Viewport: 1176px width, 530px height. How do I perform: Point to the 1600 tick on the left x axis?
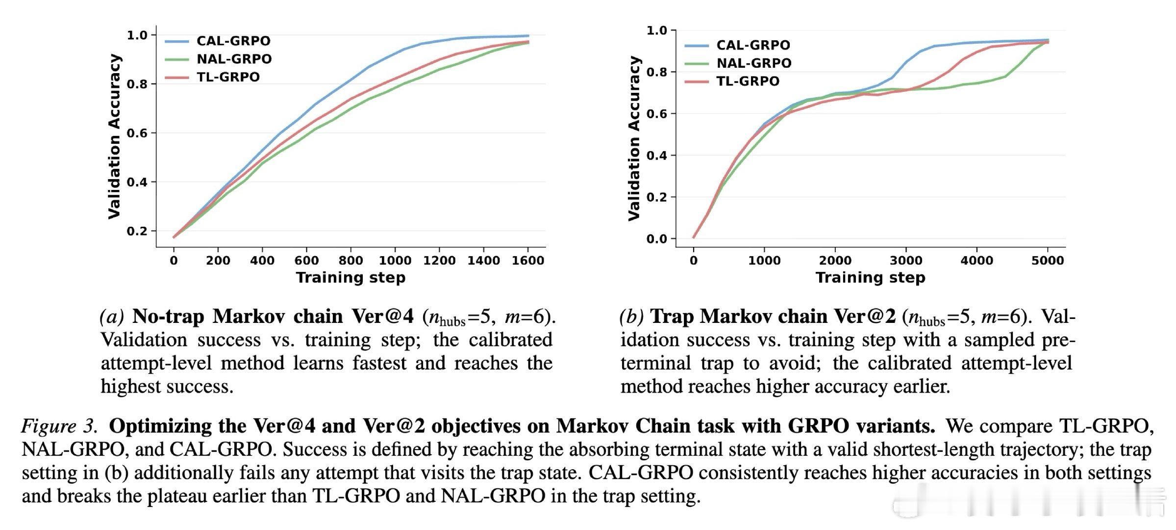pos(528,260)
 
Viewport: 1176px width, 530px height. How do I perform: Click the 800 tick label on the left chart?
pos(350,260)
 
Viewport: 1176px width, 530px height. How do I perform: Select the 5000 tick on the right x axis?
pos(1048,260)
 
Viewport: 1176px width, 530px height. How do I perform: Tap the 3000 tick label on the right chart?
pos(906,260)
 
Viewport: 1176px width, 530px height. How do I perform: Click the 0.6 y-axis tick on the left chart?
pos(137,133)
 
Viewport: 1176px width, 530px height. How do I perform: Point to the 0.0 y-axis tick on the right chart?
pos(656,239)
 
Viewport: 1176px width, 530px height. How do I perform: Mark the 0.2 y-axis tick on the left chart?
pos(137,231)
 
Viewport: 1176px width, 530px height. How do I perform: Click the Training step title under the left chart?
pos(350,278)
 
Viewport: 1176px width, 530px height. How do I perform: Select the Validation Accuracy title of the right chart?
pos(634,138)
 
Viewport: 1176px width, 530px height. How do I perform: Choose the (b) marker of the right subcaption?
pos(631,317)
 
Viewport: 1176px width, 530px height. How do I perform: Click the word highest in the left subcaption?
pos(130,387)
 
